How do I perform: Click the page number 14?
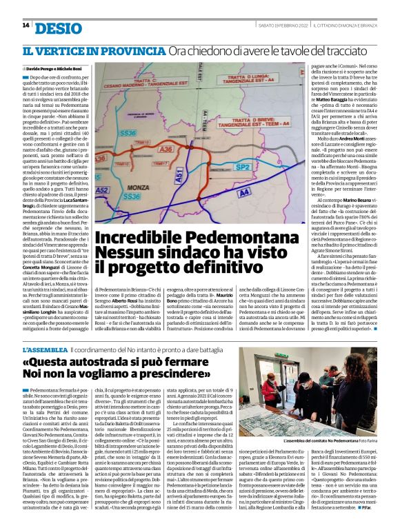pyautogui.click(x=26, y=26)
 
